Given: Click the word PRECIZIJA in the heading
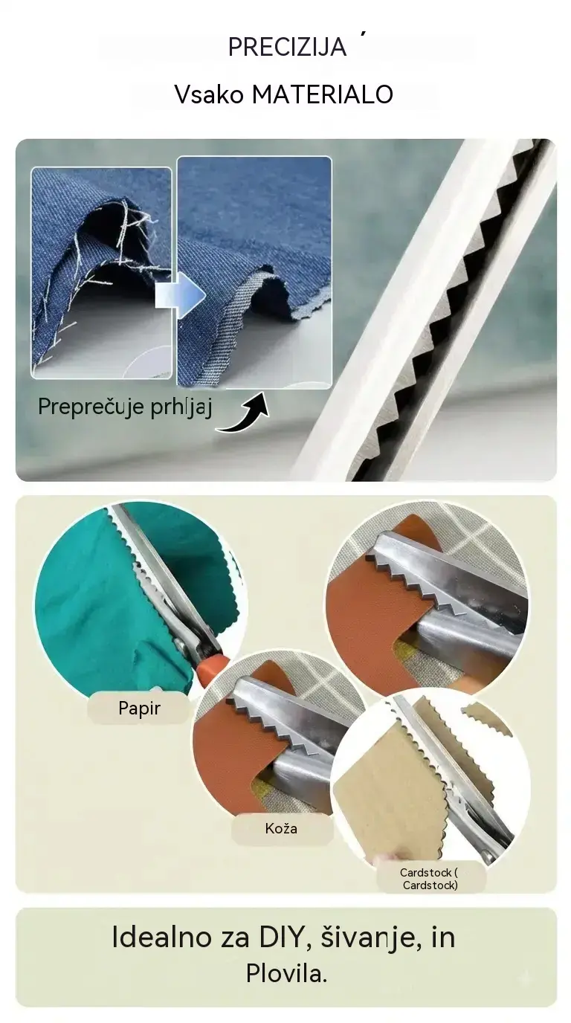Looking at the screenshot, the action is pos(287,47).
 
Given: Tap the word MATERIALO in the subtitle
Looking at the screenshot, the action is pos(323,94).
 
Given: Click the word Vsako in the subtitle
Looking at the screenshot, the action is pos(209,94).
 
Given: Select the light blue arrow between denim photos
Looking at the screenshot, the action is pos(181,295).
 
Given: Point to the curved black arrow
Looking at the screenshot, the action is pos(245,414).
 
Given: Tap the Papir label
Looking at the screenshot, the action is pos(139,709).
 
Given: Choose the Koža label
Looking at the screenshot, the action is pos(281,828).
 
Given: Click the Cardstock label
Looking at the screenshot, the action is pos(430,879).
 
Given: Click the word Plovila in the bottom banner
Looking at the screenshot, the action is pos(286,974).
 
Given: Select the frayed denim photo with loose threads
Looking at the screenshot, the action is pos(101,273).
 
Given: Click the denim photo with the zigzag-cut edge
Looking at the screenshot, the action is pos(254,272).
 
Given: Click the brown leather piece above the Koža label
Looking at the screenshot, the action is pos(228,749).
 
